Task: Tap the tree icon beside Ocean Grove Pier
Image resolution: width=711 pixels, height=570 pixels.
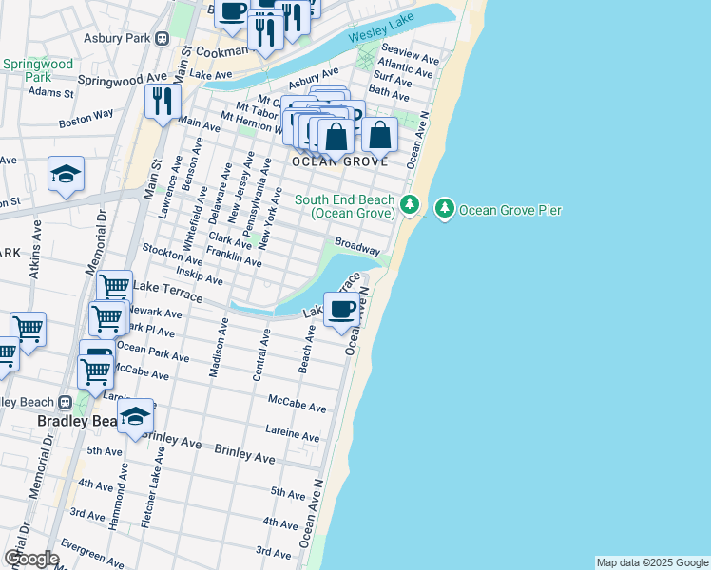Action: pyautogui.click(x=445, y=208)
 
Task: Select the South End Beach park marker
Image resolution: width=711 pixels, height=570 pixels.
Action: pyautogui.click(x=410, y=204)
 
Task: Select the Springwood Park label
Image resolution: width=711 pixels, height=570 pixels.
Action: pyautogui.click(x=26, y=70)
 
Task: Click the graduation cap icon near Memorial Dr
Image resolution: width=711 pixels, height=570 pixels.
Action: pyautogui.click(x=67, y=174)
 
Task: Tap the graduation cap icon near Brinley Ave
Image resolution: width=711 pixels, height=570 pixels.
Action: pyautogui.click(x=136, y=416)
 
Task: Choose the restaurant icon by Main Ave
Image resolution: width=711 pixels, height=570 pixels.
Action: pyautogui.click(x=163, y=100)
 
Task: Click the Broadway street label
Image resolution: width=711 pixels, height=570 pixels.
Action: pyautogui.click(x=357, y=245)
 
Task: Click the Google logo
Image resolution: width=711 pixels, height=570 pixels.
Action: pyautogui.click(x=31, y=558)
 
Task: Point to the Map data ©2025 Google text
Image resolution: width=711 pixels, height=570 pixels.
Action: pyautogui.click(x=652, y=562)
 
